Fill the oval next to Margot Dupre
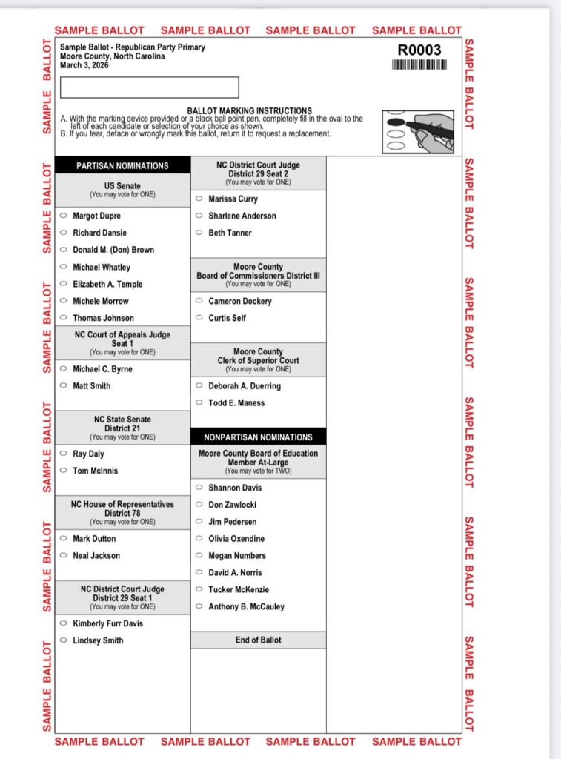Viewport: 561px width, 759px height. coord(63,216)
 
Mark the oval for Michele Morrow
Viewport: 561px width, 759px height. coord(63,301)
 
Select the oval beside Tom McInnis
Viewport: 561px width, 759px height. coord(63,471)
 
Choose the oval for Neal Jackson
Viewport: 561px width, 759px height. coord(63,555)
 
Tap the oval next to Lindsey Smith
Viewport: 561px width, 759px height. coord(63,640)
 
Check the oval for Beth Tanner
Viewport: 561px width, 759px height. coord(199,233)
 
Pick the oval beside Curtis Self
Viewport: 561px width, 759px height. coord(199,318)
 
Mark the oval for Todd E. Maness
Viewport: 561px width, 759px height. coord(199,402)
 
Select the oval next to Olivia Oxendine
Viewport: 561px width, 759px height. coord(199,539)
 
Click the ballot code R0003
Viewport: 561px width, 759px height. coord(419,50)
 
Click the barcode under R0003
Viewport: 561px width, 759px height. coord(419,64)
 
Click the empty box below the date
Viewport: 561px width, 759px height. coord(149,87)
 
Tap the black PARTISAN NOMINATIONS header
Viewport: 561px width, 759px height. coord(122,166)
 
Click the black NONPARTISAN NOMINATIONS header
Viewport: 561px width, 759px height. coord(258,437)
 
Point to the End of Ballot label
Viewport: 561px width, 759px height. coord(258,640)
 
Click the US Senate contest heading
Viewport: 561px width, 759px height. coord(122,186)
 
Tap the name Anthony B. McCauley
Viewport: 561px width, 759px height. coord(246,606)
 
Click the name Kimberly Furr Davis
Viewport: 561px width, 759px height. coord(107,623)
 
